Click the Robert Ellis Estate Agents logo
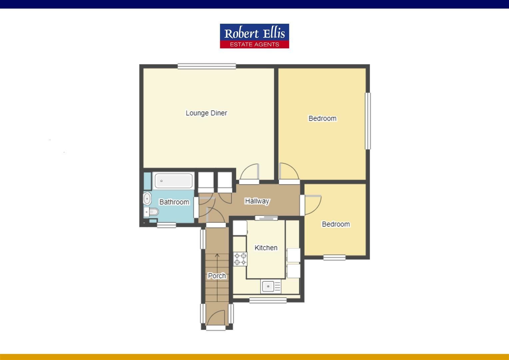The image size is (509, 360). [254, 36]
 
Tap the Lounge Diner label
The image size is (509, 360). [206, 113]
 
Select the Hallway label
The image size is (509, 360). [257, 201]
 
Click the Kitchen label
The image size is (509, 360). [266, 248]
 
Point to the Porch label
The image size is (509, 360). [217, 276]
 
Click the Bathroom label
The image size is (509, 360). [174, 202]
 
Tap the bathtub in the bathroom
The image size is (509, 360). [173, 181]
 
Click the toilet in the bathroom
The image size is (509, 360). [153, 212]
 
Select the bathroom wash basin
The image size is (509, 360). [147, 199]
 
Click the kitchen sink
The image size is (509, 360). [268, 286]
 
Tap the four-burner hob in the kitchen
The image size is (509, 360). [240, 259]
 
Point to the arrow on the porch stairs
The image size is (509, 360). [217, 256]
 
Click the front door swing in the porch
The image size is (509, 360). [216, 317]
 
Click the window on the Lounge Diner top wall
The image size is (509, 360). [207, 66]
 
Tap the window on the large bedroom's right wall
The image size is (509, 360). [368, 121]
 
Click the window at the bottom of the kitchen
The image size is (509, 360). [268, 300]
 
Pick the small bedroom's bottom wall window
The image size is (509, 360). [334, 257]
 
